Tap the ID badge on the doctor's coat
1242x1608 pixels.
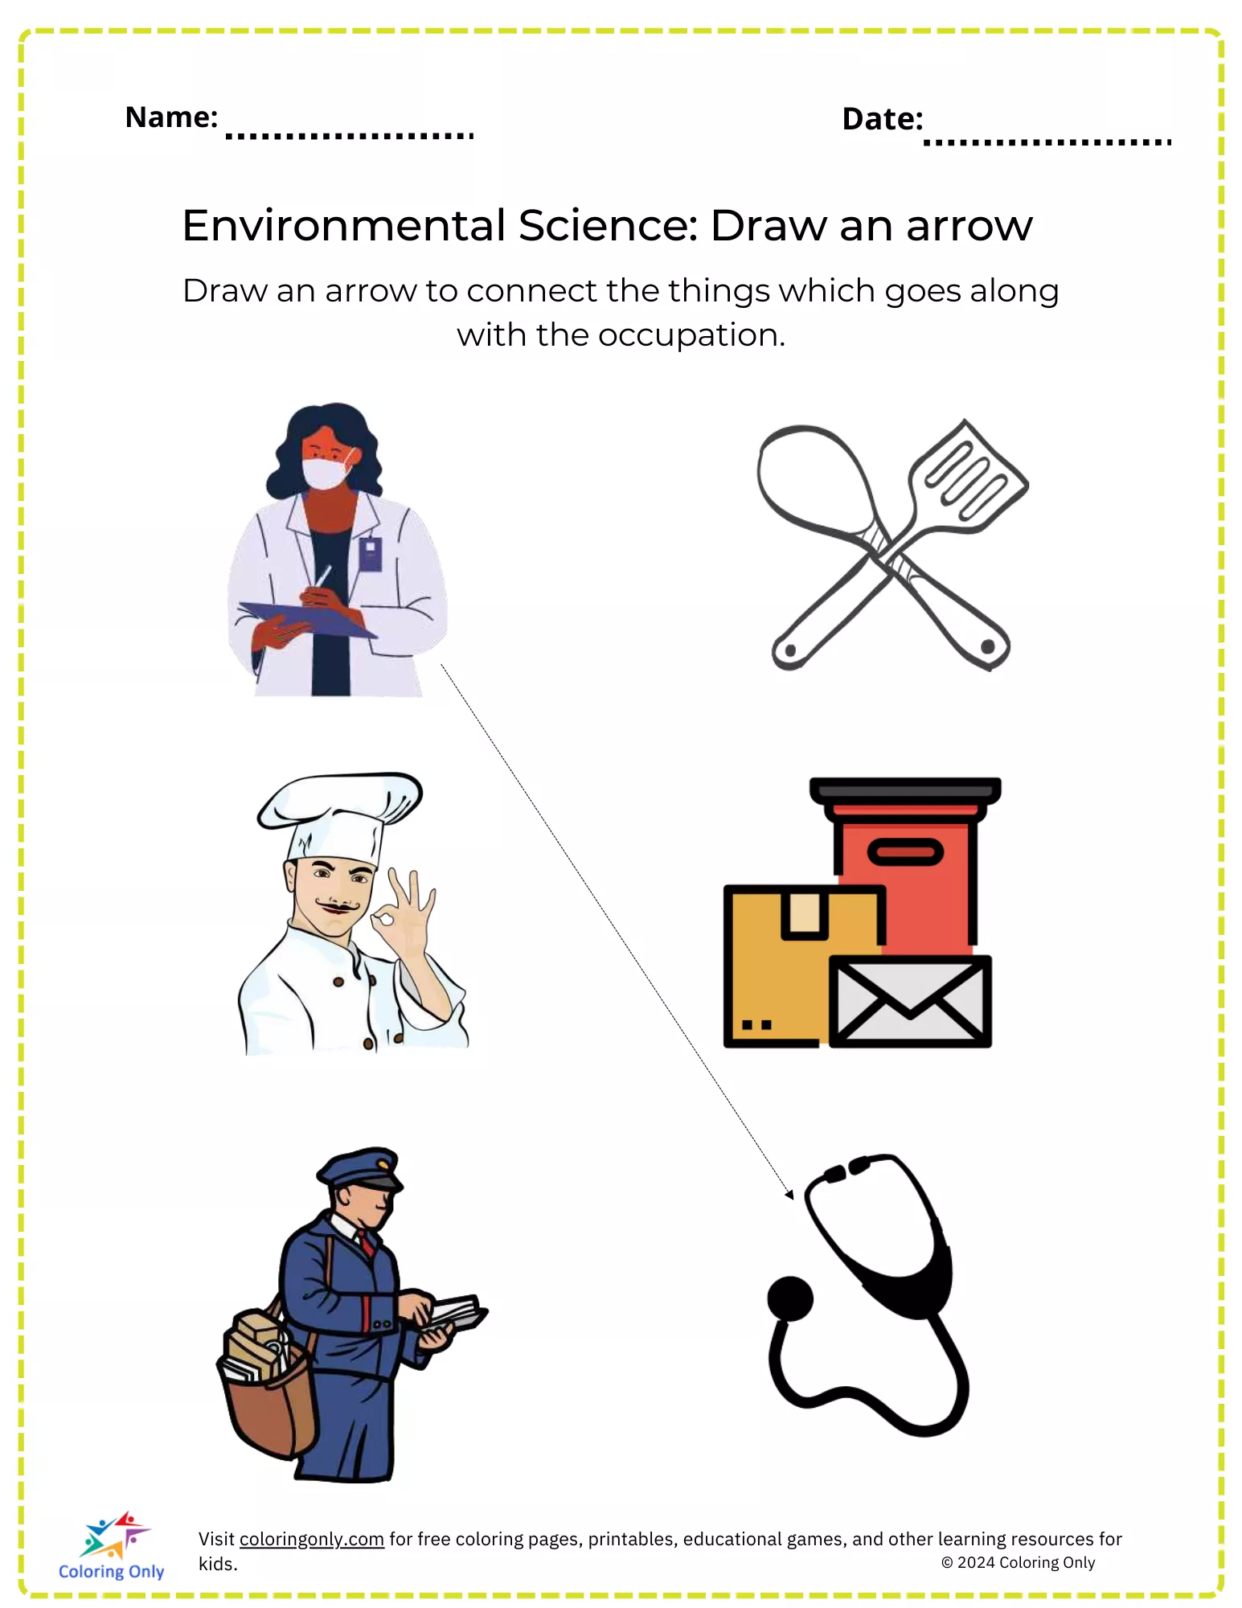click(x=370, y=553)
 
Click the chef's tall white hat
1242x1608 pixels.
click(x=339, y=816)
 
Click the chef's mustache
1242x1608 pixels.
click(x=338, y=907)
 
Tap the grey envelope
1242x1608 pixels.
click(x=910, y=1001)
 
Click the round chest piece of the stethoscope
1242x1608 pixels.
click(x=790, y=1298)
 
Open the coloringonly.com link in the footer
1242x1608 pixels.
click(x=312, y=1539)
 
